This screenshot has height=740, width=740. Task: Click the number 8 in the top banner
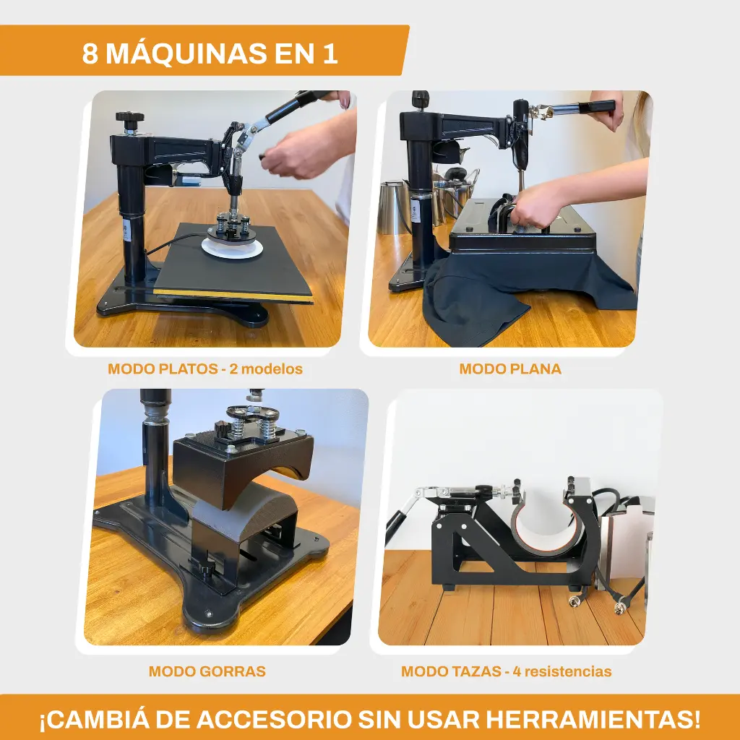tap(90, 53)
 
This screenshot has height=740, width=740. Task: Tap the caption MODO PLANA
tap(510, 369)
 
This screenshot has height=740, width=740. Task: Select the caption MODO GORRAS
tap(207, 671)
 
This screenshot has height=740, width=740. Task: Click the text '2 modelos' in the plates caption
tap(266, 369)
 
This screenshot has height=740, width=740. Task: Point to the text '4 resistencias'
tap(562, 671)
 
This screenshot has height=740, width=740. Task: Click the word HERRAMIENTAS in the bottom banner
tap(593, 720)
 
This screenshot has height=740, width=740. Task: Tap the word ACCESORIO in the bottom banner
tap(274, 720)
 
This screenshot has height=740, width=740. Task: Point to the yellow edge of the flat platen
tap(233, 296)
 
